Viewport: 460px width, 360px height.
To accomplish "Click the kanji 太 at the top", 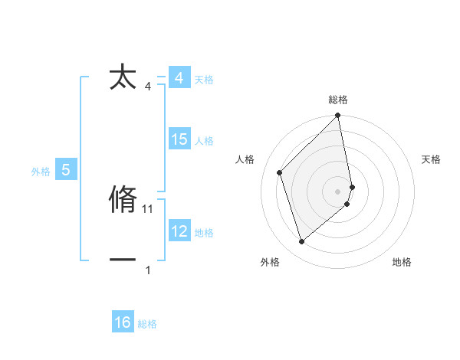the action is pos(123,77).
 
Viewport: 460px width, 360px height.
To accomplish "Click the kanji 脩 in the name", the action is pos(123,199).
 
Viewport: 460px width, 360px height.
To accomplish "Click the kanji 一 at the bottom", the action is pos(123,260).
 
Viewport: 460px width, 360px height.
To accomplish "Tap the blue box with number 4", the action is pos(179,79).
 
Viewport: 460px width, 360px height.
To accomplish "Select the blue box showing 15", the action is pos(179,139).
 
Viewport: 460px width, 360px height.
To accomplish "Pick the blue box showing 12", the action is pos(179,231).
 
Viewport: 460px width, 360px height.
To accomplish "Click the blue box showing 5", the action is pos(66,170).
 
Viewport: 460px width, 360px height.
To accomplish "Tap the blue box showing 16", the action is pos(123,322).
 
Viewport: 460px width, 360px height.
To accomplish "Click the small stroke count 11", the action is pos(149,208).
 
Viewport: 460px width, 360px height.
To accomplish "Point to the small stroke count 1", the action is pos(148,270).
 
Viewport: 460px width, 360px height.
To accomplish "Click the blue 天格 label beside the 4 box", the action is pos(204,80).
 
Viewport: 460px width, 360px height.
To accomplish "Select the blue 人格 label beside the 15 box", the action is pos(204,141).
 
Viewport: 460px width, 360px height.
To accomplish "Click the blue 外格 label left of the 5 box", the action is pos(41,172).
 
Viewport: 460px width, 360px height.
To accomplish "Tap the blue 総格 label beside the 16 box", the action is pos(147,324).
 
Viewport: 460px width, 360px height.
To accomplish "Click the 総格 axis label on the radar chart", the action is pos(338,100).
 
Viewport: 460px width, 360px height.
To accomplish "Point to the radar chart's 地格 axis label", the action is pos(402,263).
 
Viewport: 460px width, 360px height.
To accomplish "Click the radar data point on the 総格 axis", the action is pos(338,116).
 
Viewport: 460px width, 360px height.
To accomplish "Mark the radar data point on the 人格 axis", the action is pos(280,172).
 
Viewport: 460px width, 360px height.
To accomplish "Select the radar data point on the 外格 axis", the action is pos(301,241).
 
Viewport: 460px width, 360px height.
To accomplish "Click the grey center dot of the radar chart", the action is pos(338,191).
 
